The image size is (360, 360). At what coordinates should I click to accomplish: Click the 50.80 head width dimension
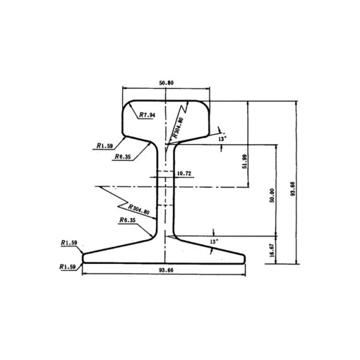point(166,82)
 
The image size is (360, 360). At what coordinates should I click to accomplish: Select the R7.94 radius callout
point(148,114)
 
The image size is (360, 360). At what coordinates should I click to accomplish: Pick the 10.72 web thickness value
point(184,173)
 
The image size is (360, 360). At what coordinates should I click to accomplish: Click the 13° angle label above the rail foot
point(214,241)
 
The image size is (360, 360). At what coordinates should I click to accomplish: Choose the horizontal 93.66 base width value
point(166,271)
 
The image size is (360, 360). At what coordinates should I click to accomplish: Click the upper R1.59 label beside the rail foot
point(69,243)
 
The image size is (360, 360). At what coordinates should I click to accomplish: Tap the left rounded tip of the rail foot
point(83,257)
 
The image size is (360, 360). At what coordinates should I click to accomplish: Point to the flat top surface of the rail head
point(166,101)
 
